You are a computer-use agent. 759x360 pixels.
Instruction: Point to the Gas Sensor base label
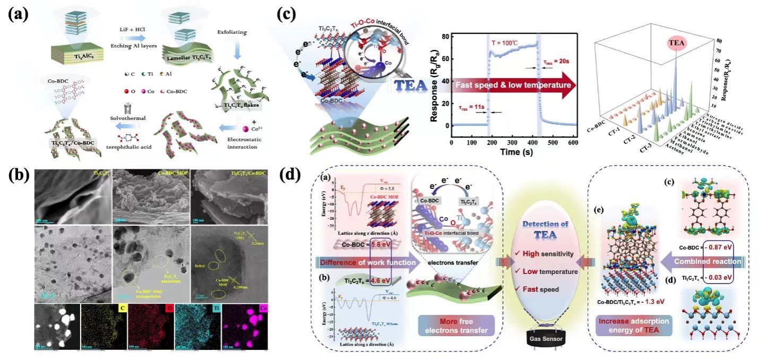pyautogui.click(x=543, y=339)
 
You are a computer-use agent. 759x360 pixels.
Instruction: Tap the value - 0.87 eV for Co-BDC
pyautogui.click(x=713, y=247)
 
